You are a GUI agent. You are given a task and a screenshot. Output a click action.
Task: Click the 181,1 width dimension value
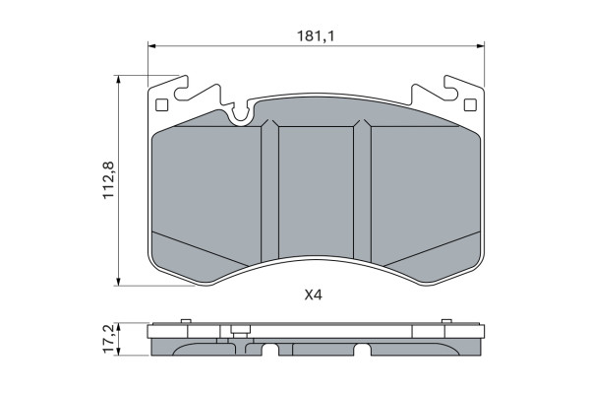click(x=316, y=36)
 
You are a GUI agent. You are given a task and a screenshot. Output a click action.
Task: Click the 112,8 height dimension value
click(x=109, y=180)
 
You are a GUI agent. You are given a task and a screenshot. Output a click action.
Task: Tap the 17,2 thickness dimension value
click(x=109, y=339)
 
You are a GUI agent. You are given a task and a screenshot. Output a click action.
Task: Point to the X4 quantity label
click(x=313, y=295)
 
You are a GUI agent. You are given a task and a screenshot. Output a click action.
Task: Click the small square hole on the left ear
click(x=161, y=104)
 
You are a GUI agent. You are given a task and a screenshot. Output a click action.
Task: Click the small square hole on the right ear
click(x=470, y=104)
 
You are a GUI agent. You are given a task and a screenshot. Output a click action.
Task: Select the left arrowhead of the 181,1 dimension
click(x=151, y=46)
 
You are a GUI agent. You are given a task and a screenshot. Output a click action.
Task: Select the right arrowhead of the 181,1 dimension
click(x=481, y=46)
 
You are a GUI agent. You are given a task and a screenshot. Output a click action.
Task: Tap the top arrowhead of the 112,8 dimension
click(x=119, y=79)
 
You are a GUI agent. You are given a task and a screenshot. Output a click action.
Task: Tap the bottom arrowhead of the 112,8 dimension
click(x=119, y=282)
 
